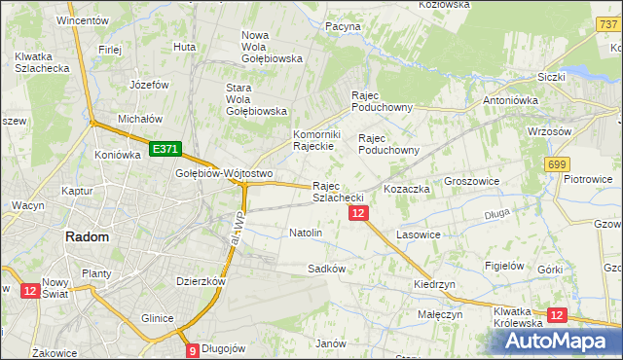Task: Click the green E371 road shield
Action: pos(165,149)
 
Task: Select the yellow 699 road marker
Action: pos(558,165)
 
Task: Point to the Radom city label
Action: pos(86,236)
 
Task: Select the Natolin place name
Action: pos(306,234)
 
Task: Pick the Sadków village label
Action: pos(327,268)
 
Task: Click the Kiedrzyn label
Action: pos(434,284)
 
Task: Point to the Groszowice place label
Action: pos(471,182)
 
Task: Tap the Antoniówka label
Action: pos(512,100)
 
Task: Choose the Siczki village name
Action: pos(552,76)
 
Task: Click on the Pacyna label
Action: pos(344,26)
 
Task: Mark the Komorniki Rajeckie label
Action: pos(313,140)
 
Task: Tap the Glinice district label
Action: pos(157,318)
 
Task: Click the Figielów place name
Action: pos(505,266)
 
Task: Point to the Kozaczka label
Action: pos(407,188)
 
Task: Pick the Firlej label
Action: pos(109,49)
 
